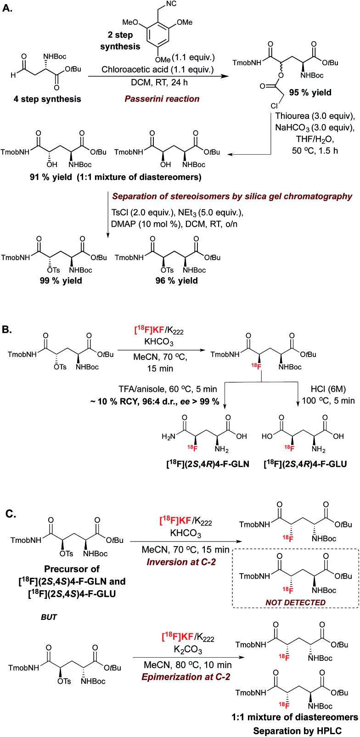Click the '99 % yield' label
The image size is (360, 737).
pyautogui.click(x=60, y=280)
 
